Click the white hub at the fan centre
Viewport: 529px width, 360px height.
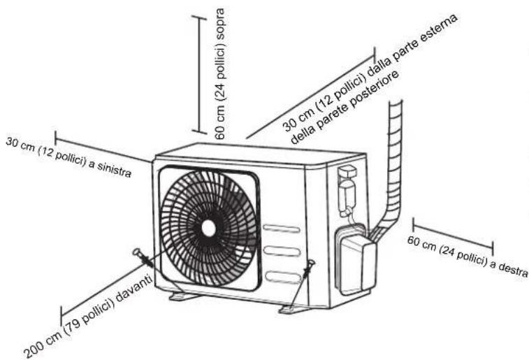click(x=208, y=229)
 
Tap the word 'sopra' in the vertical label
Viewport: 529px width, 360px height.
click(x=220, y=23)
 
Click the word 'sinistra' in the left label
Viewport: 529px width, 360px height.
click(x=114, y=169)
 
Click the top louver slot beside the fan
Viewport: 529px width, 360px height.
click(x=282, y=229)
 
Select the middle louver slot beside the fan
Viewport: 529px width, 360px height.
click(x=282, y=251)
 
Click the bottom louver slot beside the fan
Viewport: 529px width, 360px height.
click(x=283, y=277)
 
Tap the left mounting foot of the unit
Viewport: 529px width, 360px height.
click(x=183, y=296)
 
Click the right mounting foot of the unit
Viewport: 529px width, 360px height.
click(x=293, y=310)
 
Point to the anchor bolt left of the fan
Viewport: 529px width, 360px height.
click(x=143, y=257)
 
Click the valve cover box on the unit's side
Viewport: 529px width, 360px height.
click(x=356, y=261)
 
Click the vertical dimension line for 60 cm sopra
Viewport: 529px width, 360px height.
click(x=200, y=74)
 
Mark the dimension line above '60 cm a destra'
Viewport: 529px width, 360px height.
click(x=453, y=236)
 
